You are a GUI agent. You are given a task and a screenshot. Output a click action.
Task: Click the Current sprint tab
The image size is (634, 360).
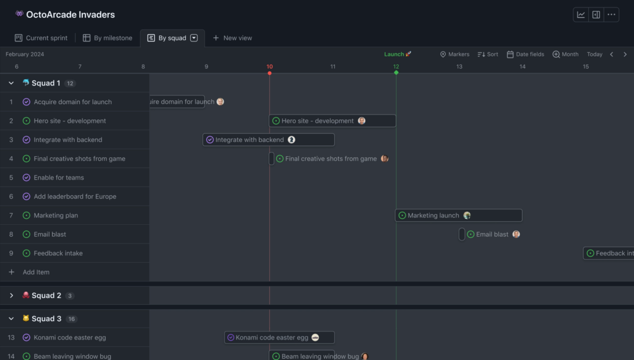pyautogui.click(x=41, y=38)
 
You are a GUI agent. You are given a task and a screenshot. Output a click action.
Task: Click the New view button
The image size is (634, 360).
pyautogui.click(x=232, y=38)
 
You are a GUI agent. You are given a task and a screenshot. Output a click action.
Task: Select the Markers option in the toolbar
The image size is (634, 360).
pyautogui.click(x=454, y=55)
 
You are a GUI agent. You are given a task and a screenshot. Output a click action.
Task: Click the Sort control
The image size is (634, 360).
pyautogui.click(x=488, y=55)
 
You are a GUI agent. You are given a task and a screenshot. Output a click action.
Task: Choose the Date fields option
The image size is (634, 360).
pyautogui.click(x=525, y=55)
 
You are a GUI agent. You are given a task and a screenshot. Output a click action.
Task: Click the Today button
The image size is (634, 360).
pyautogui.click(x=594, y=55)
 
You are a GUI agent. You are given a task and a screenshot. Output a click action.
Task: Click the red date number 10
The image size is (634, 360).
pyautogui.click(x=269, y=67)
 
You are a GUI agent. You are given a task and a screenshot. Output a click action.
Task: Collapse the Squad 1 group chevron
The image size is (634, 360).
pyautogui.click(x=11, y=83)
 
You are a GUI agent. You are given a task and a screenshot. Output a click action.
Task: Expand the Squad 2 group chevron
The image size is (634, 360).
pyautogui.click(x=11, y=296)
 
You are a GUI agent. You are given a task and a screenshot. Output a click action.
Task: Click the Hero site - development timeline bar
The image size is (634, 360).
pyautogui.click(x=332, y=121)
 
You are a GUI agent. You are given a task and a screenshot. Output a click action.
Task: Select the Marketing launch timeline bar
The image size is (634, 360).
pyautogui.click(x=458, y=216)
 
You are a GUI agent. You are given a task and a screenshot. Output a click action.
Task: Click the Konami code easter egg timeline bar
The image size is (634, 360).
pyautogui.click(x=279, y=338)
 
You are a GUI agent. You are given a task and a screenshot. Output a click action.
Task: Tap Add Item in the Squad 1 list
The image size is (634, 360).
pyautogui.click(x=36, y=272)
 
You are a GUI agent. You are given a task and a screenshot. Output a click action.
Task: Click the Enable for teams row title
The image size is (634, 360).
pyautogui.click(x=59, y=178)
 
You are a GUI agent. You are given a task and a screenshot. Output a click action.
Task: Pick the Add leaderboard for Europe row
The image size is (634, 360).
pyautogui.click(x=75, y=196)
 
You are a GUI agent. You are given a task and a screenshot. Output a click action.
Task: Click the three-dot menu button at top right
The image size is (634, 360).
pyautogui.click(x=612, y=15)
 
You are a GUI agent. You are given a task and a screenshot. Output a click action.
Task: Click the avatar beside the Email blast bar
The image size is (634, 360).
pyautogui.click(x=516, y=234)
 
